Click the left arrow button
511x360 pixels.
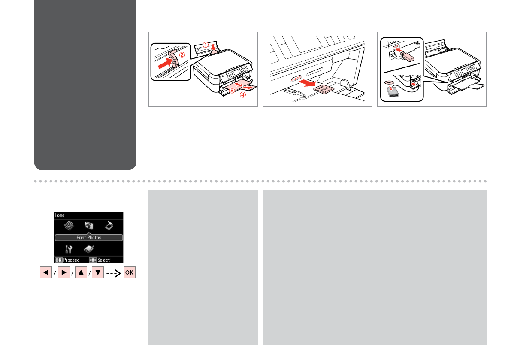(x=46, y=272)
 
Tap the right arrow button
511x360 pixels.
(x=63, y=272)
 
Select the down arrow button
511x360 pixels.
(x=98, y=272)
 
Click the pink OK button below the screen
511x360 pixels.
(x=130, y=272)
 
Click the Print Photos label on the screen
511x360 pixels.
(x=89, y=238)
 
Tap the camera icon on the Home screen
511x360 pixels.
(x=89, y=225)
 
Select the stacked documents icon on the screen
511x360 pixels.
(x=69, y=225)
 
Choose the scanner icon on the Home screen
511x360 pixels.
(x=109, y=225)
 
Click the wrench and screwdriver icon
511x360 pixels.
(x=69, y=249)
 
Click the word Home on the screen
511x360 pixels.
(x=60, y=215)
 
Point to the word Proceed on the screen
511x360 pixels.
(x=71, y=260)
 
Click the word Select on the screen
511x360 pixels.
(x=104, y=260)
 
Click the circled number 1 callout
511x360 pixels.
(x=206, y=45)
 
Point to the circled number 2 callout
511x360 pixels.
(x=182, y=55)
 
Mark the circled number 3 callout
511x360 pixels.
(x=232, y=90)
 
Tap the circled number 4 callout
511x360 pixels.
(x=243, y=95)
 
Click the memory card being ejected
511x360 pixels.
(x=323, y=89)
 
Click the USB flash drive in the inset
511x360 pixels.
(x=407, y=56)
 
